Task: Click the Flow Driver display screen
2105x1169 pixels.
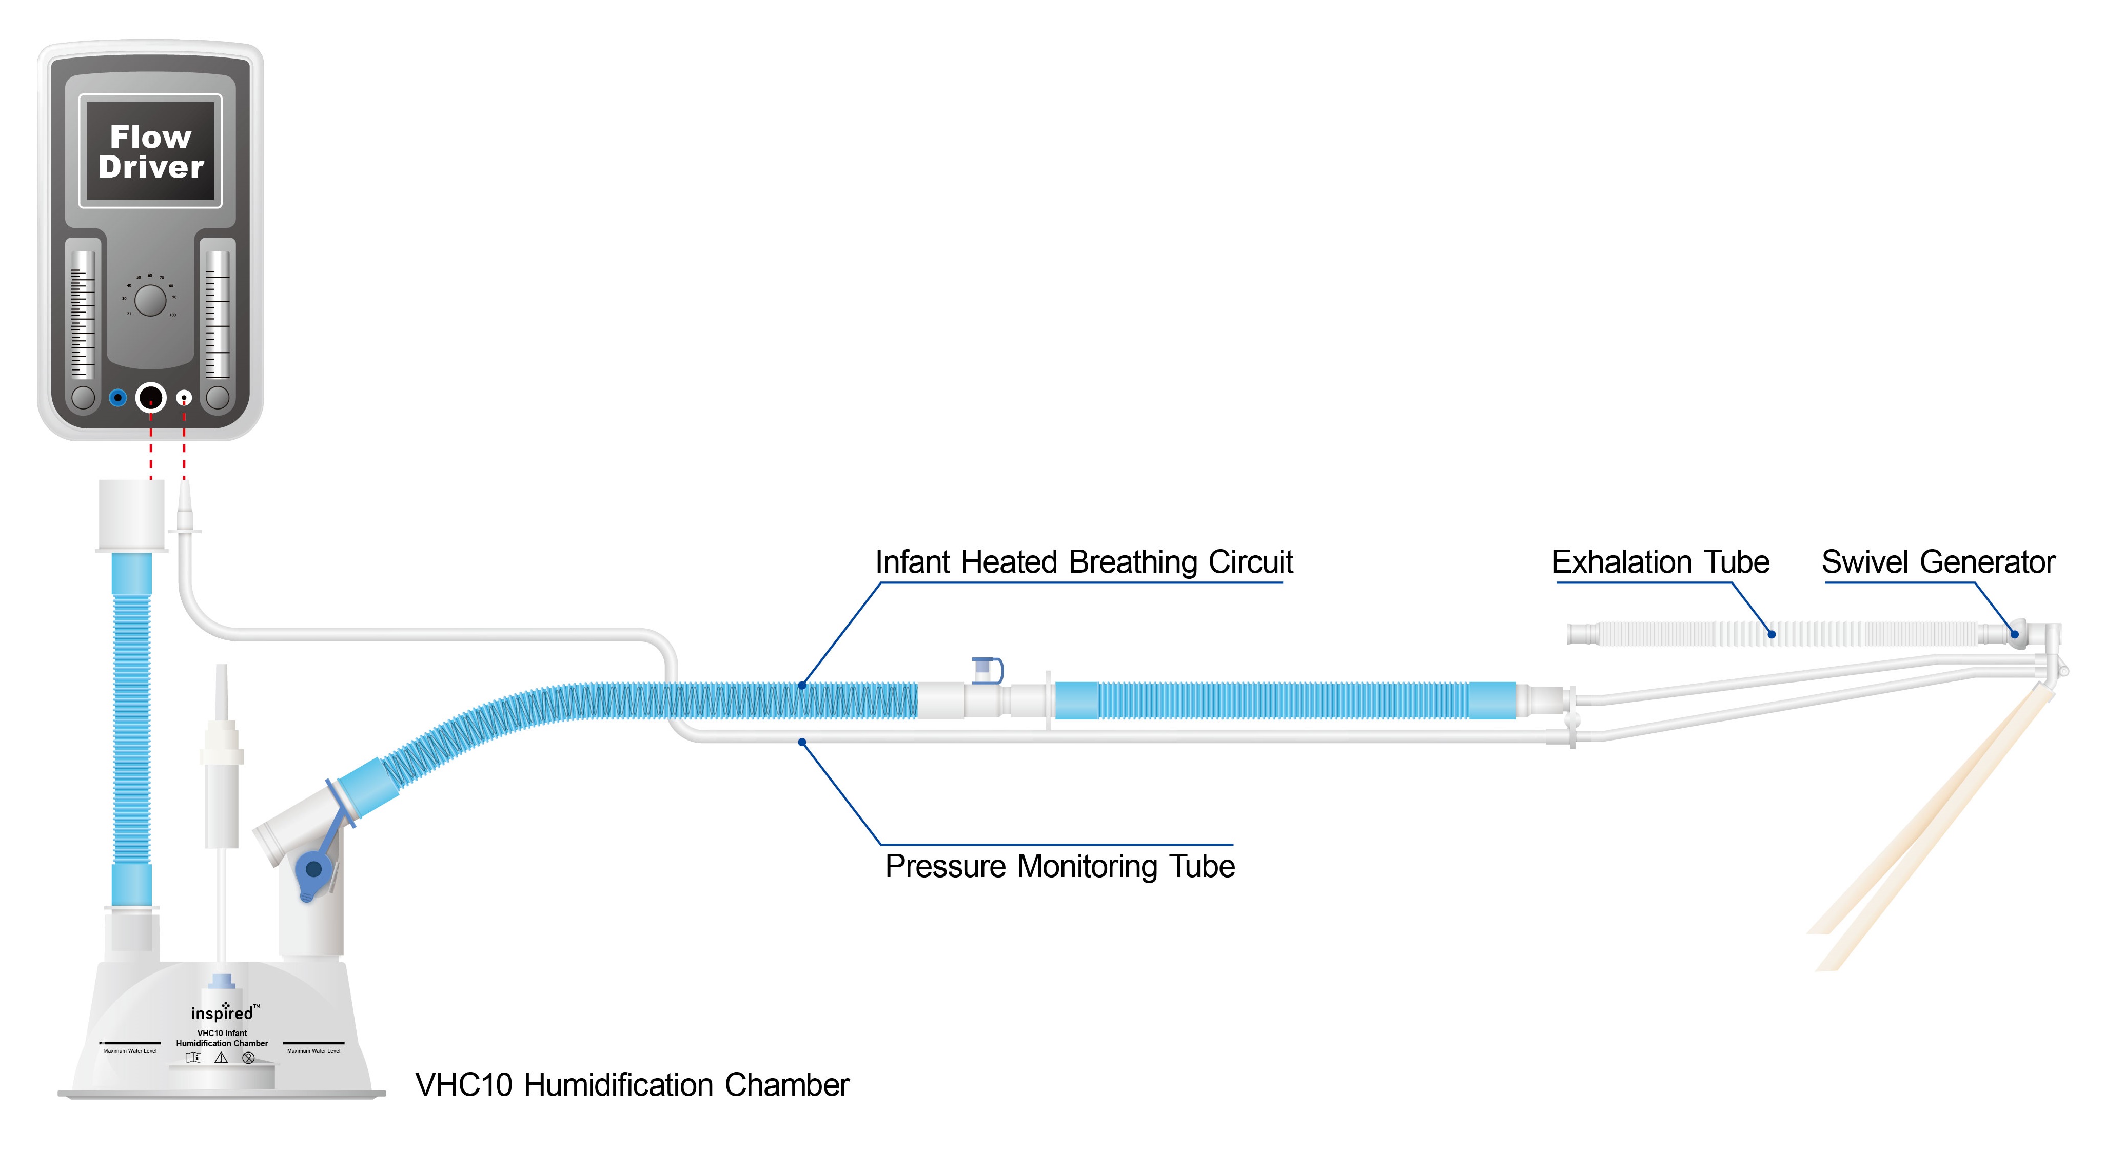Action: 150,151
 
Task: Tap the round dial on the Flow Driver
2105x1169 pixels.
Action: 150,300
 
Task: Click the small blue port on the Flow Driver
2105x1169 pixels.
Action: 117,398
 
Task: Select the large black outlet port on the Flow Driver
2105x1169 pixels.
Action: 150,398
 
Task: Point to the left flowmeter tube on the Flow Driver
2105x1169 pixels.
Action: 83,315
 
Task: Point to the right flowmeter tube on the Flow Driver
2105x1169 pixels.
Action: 218,315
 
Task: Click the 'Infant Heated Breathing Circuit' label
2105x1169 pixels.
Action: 1084,562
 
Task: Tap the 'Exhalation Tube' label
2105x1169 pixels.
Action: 1660,562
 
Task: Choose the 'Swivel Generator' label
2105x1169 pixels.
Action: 1937,562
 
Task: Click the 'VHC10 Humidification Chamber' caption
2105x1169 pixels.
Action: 632,1085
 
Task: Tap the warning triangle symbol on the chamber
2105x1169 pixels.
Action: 221,1058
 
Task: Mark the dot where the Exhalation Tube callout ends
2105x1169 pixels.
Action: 1772,634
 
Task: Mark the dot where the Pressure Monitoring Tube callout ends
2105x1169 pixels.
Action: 802,742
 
